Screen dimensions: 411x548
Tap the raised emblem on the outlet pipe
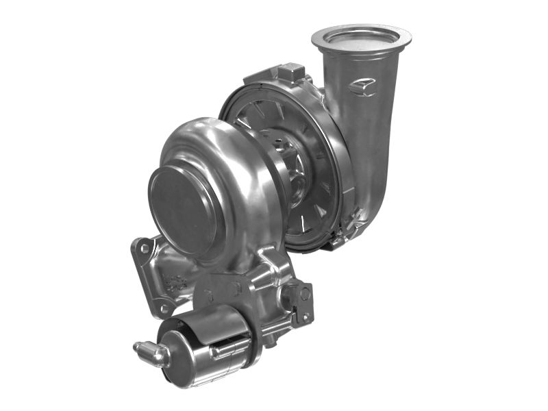[x=362, y=87]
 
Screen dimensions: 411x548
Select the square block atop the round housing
[x=292, y=71]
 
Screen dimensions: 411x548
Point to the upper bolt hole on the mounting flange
[x=145, y=248]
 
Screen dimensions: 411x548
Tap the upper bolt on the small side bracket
[x=304, y=293]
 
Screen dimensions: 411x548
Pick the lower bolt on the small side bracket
[x=305, y=316]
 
